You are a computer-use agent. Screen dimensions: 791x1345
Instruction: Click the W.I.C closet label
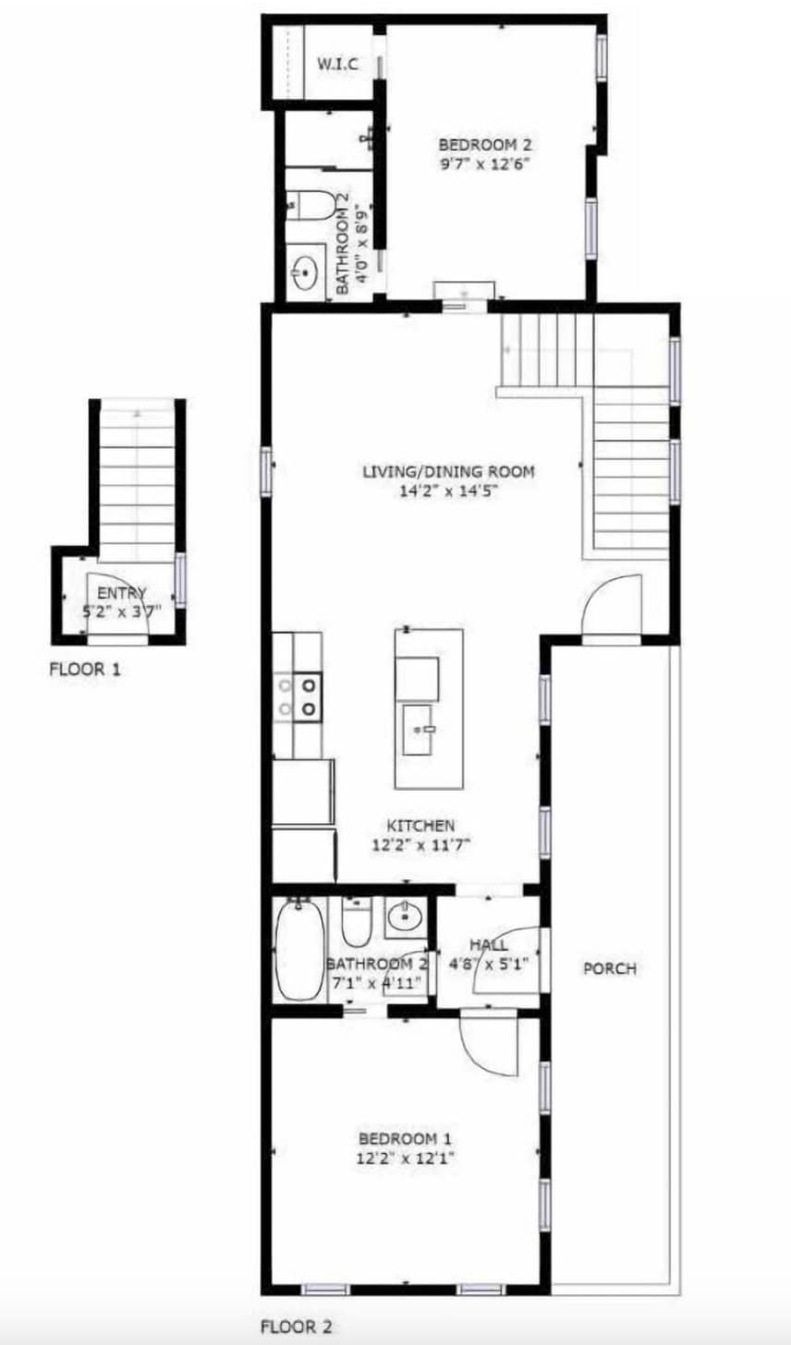[337, 64]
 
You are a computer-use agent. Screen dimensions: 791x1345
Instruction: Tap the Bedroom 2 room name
[485, 145]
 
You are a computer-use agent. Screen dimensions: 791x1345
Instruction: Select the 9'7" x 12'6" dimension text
[485, 164]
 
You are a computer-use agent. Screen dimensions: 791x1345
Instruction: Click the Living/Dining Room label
[448, 471]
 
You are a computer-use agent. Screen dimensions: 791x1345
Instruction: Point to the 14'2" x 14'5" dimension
[449, 491]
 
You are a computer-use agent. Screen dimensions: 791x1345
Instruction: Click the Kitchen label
[420, 826]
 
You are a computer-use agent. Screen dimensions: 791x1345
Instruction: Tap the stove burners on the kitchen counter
[298, 697]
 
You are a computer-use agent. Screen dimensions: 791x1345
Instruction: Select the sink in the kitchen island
[418, 730]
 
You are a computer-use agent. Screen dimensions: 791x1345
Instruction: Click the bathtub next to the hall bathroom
[299, 950]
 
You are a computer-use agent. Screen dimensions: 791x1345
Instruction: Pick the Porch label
[610, 968]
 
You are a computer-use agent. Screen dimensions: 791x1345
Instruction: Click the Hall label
[488, 945]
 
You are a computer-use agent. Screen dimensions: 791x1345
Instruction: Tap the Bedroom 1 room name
[405, 1138]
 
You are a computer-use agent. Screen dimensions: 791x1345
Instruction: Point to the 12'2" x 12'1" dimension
[405, 1158]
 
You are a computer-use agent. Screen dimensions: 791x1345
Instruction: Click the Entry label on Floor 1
[121, 593]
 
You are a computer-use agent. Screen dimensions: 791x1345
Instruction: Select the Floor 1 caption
[85, 669]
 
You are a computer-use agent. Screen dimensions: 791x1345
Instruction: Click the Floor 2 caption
[296, 1327]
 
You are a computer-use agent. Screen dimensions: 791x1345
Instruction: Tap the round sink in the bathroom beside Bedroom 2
[306, 273]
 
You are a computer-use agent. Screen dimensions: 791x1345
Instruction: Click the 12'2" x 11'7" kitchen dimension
[420, 845]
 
